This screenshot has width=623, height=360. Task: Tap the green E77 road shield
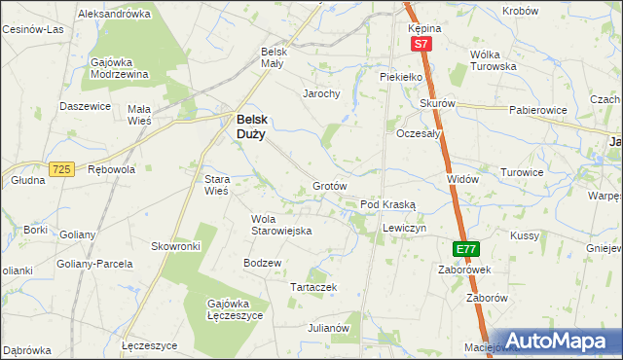pos(466,249)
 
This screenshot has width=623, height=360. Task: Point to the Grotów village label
pos(330,185)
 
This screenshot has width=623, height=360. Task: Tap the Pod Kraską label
pos(387,205)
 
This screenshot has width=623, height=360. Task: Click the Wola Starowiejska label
pos(280,225)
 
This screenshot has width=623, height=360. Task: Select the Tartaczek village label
pos(314,287)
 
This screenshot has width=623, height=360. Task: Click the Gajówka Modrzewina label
pos(118,68)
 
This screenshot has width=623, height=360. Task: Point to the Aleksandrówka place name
pos(114,14)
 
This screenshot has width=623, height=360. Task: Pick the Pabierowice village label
pos(537,110)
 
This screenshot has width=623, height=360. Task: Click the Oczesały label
pos(420,134)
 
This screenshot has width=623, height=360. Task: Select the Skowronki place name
pos(175,246)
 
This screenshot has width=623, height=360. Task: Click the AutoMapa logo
pos(557,341)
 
